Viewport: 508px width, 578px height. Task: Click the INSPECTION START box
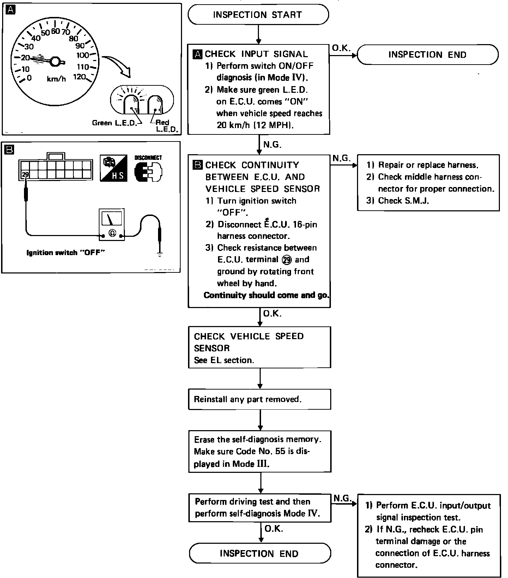coord(258,15)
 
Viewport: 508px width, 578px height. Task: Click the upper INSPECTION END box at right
coord(427,55)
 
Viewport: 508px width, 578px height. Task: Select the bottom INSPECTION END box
coord(259,553)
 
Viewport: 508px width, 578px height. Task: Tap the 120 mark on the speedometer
coord(79,77)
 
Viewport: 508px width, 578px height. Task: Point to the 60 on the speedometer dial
coord(55,31)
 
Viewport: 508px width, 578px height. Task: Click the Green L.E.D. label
coord(113,123)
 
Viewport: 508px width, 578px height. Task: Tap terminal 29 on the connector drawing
coord(25,174)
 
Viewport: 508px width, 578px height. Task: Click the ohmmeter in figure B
coord(112,225)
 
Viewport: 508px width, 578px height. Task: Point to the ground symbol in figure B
coord(160,254)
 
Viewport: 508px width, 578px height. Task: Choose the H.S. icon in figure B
coord(113,168)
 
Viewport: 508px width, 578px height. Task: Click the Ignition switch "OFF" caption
coord(66,253)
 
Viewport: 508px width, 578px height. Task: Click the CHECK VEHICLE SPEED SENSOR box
coord(259,348)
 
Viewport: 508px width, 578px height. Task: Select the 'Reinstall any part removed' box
coord(259,399)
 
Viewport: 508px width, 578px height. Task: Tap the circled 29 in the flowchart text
coord(287,260)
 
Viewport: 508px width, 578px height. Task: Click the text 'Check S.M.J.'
coord(403,201)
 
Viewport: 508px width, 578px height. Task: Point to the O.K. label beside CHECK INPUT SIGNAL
coord(341,48)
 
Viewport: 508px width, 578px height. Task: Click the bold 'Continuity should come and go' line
coord(266,295)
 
